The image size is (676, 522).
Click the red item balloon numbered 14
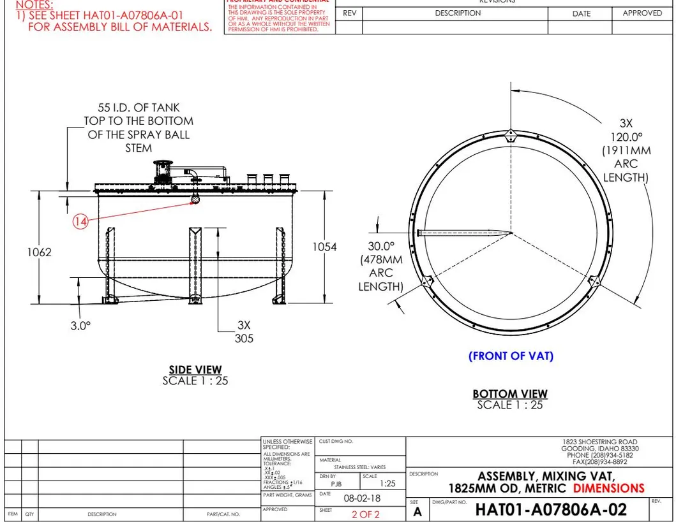point(80,221)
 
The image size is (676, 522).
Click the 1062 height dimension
point(39,252)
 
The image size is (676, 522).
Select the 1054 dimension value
point(324,247)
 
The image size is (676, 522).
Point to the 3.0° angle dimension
point(80,325)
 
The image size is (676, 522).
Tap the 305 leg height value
point(244,338)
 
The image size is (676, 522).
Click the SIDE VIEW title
point(195,370)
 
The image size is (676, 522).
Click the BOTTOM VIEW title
point(510,394)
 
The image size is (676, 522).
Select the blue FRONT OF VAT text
point(511,356)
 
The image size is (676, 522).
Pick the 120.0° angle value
point(626,136)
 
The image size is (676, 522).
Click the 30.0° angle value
point(381,246)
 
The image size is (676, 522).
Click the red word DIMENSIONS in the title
point(608,488)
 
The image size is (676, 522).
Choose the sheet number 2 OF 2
point(365,514)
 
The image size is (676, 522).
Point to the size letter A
point(417,512)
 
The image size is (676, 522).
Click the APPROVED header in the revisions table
point(642,13)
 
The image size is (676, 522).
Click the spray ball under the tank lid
point(196,199)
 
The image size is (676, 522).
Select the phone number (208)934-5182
point(610,455)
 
